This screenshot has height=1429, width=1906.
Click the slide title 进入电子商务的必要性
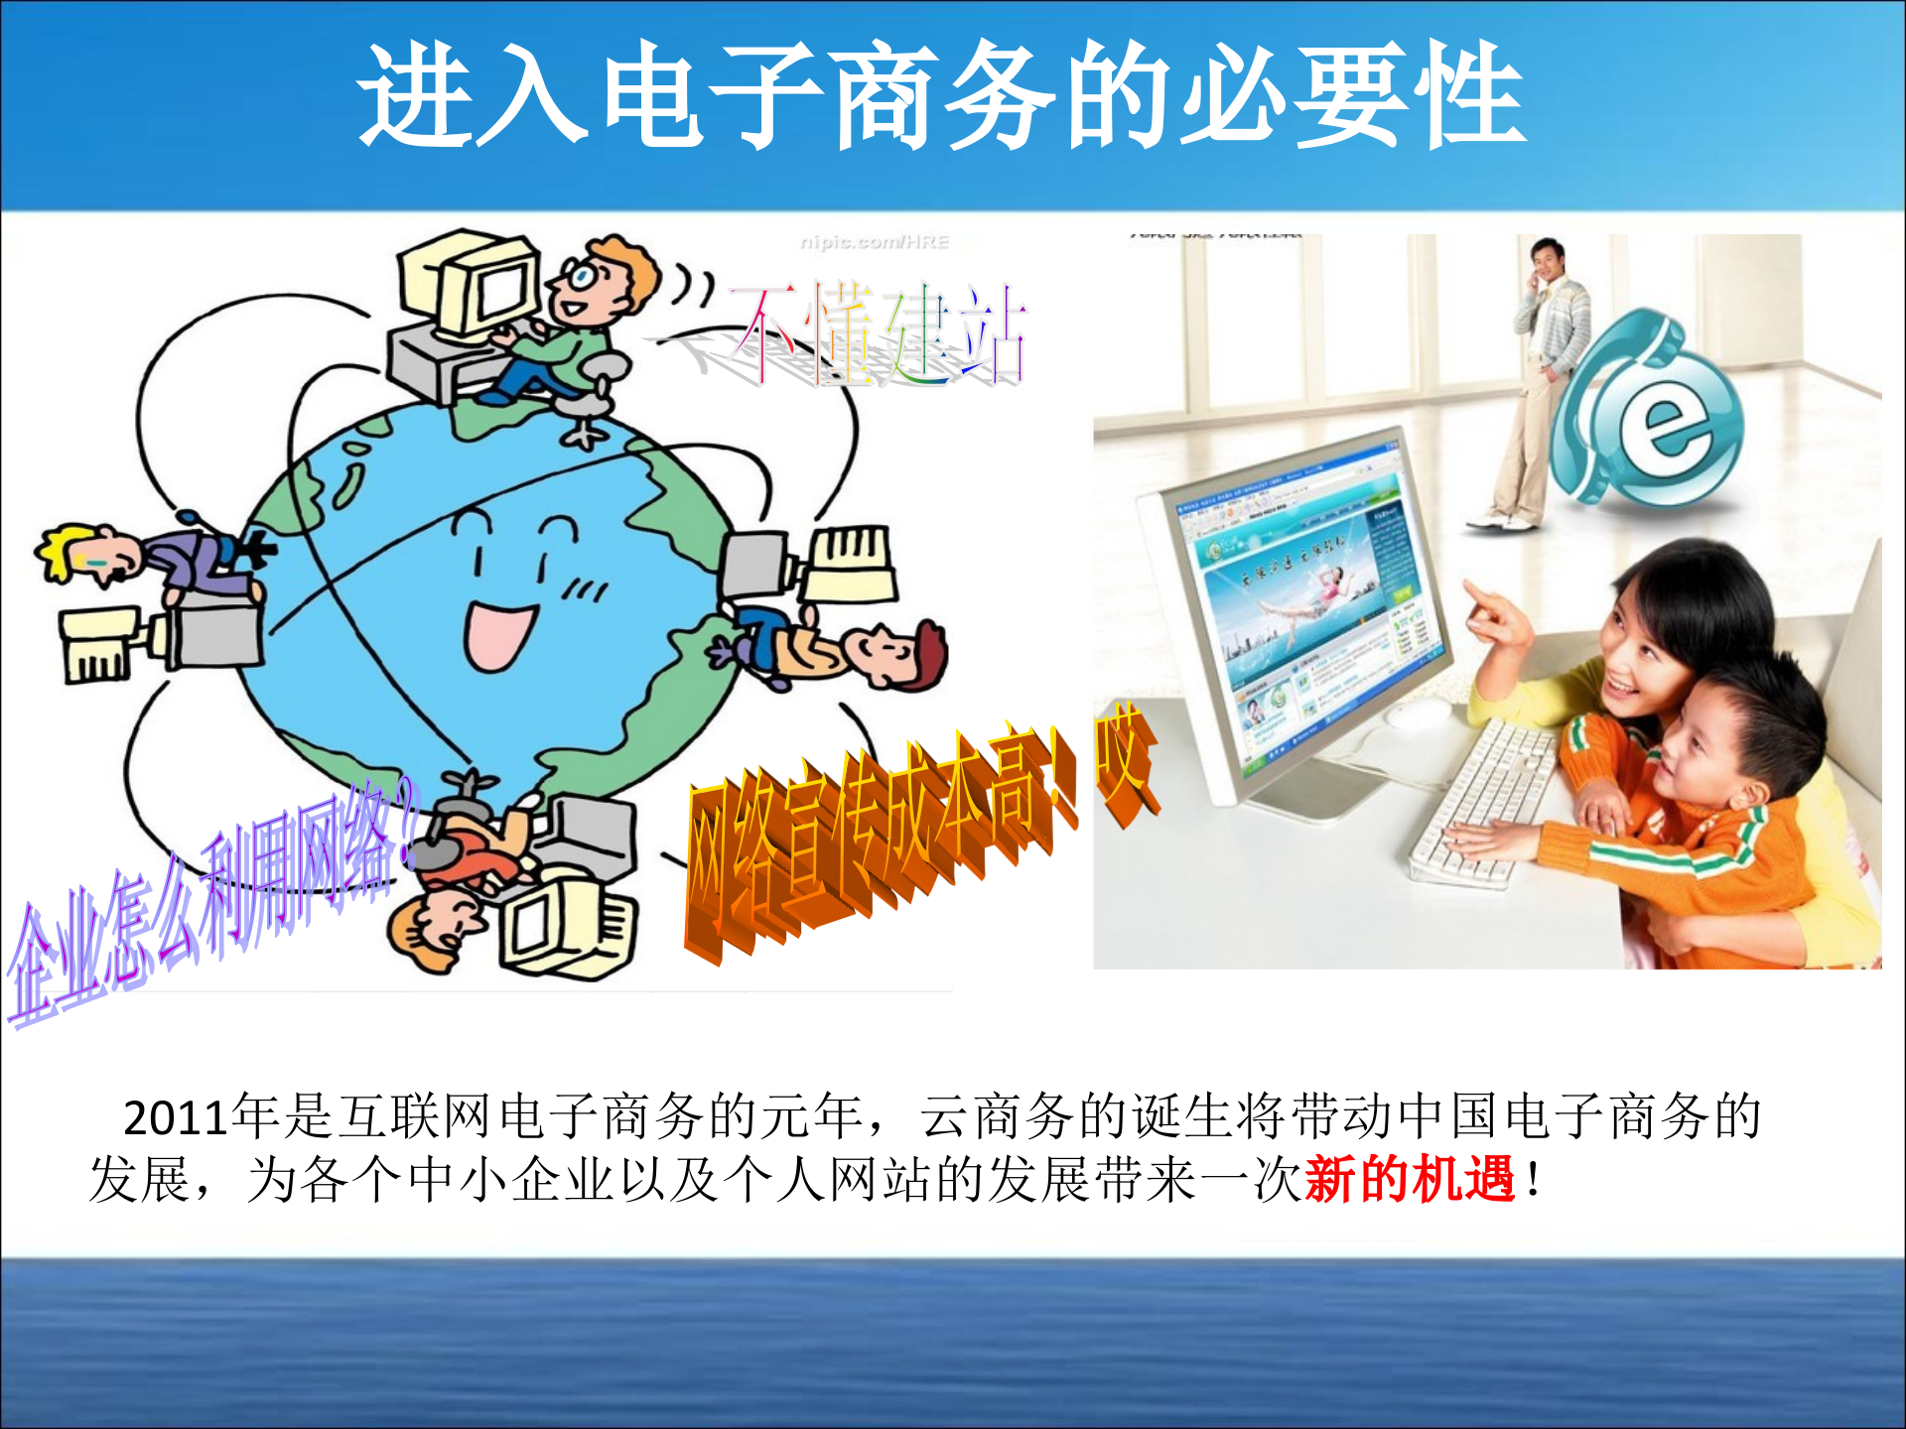pos(941,96)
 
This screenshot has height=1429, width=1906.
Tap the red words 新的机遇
pos(1409,1180)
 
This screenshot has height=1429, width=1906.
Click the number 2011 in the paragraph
pos(176,1118)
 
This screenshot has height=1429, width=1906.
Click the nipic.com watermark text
pos(875,242)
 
